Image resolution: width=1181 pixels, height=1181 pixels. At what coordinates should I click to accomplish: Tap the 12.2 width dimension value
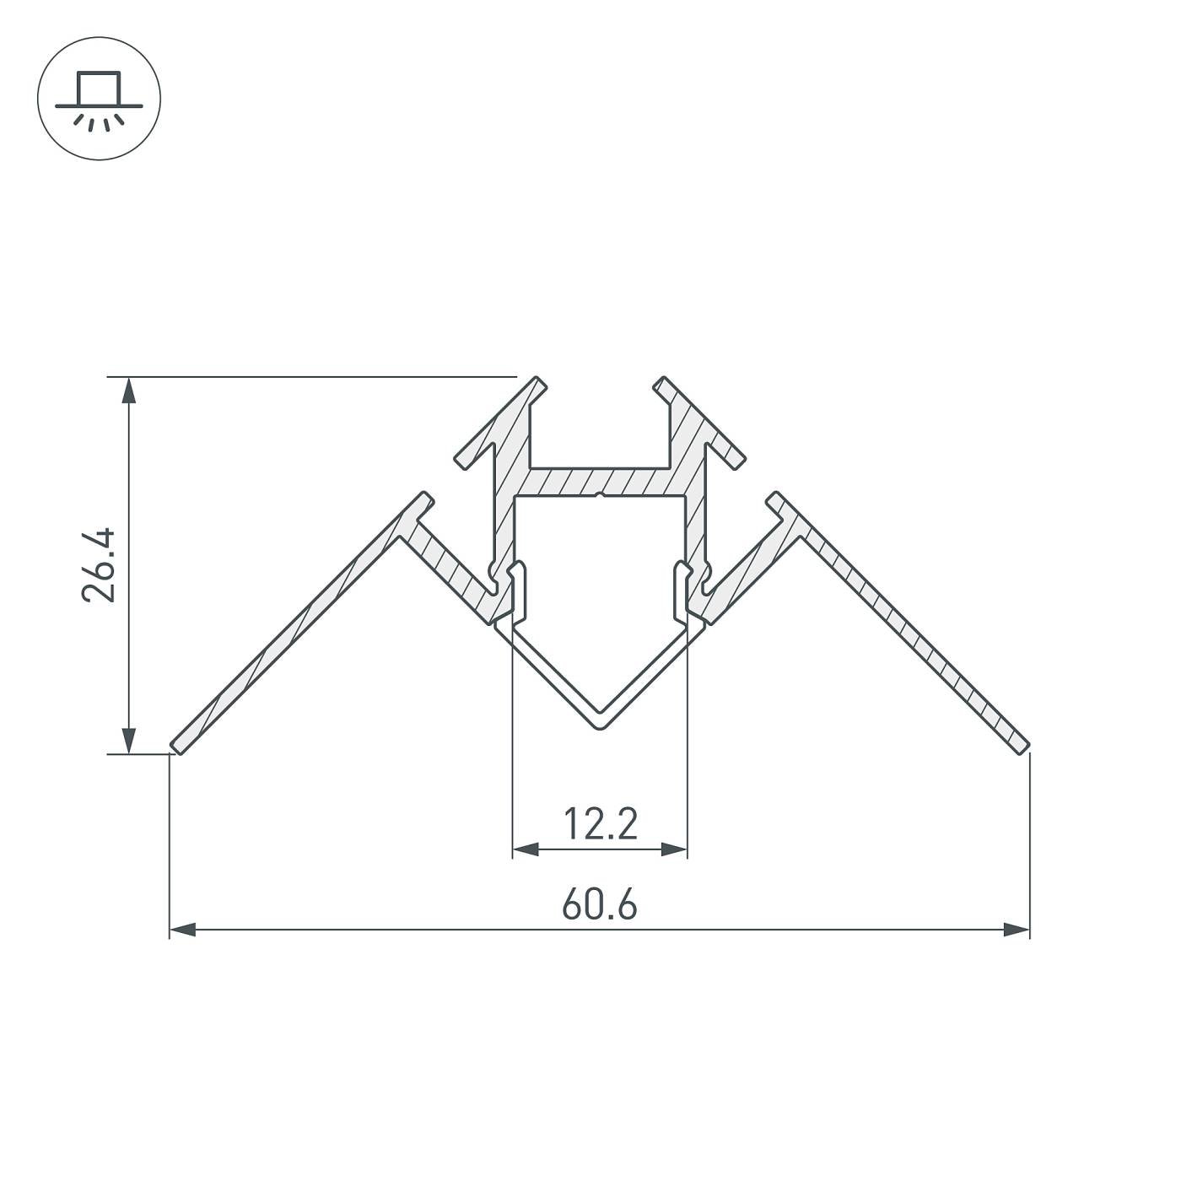click(x=599, y=824)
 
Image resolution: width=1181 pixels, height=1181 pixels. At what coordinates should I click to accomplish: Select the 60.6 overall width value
click(x=599, y=906)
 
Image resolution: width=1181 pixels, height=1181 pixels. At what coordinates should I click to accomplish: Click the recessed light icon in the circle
click(x=99, y=99)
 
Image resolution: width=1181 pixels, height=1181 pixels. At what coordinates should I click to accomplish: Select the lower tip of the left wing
click(x=176, y=746)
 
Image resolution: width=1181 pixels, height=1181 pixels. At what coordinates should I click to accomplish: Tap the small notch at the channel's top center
click(x=599, y=496)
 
